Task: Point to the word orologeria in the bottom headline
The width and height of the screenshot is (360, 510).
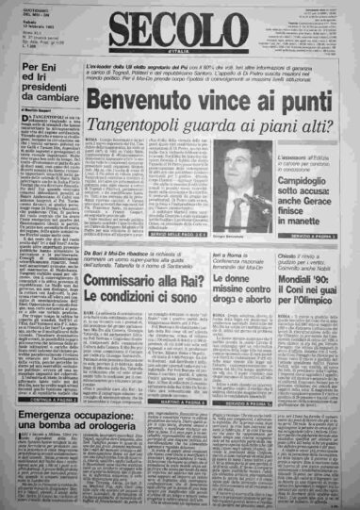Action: point(89,438)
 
